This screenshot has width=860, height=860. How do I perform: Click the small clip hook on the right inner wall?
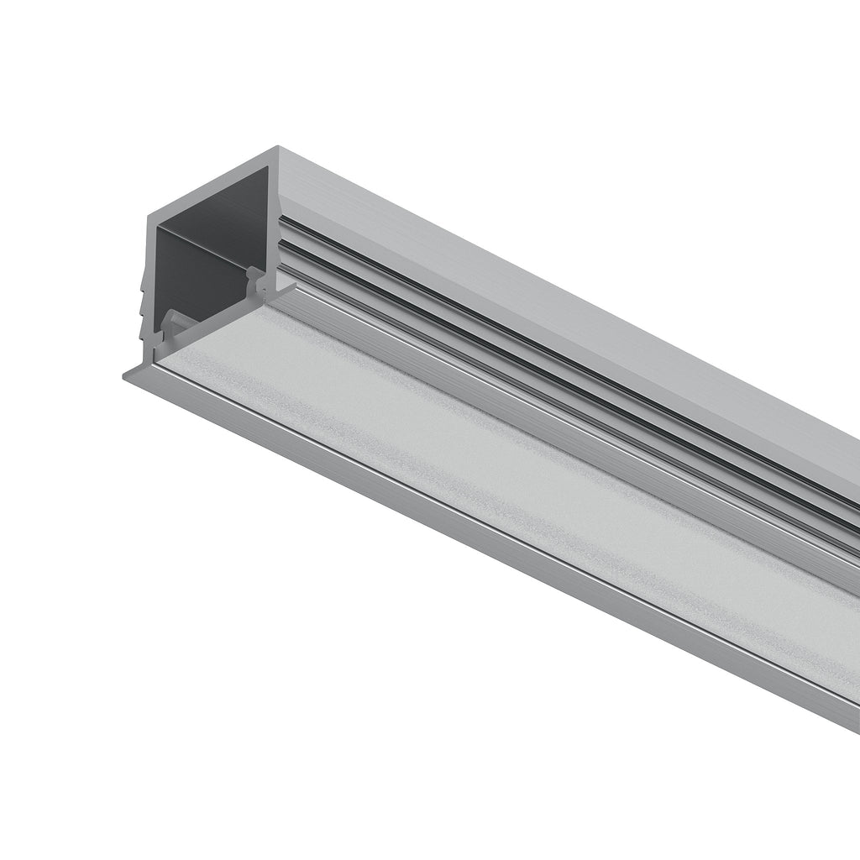pyautogui.click(x=252, y=273)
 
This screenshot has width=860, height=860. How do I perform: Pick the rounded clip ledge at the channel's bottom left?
pyautogui.click(x=171, y=319)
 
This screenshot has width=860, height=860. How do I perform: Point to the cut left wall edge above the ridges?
pyautogui.click(x=149, y=244)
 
